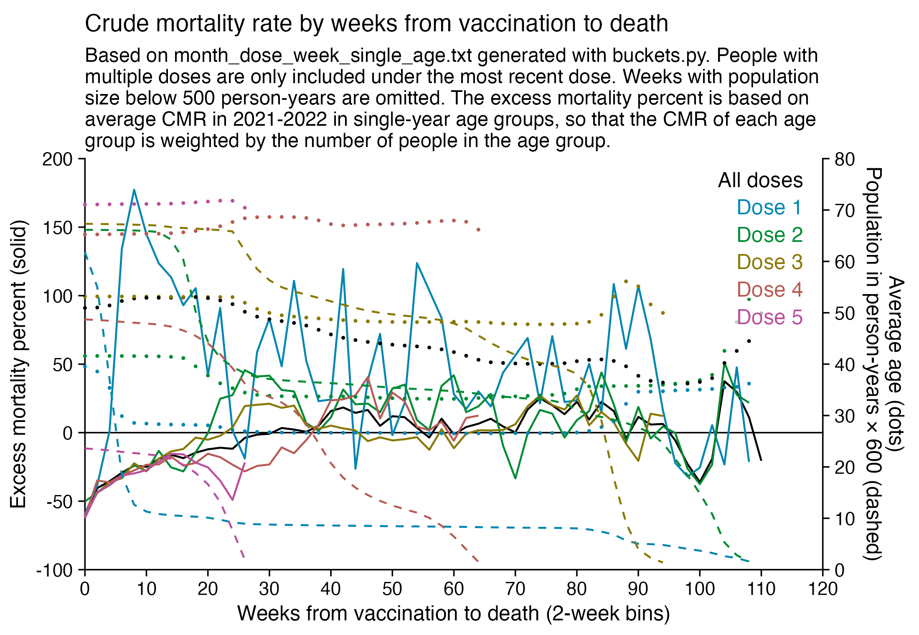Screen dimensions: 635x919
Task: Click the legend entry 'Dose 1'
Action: tap(769, 208)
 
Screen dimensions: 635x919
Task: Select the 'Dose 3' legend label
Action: tap(769, 262)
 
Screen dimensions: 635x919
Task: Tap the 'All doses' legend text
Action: tap(760, 180)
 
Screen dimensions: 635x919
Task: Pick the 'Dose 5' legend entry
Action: tap(769, 317)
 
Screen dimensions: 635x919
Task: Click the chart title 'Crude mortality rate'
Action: tap(376, 23)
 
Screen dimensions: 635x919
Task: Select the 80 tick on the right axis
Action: tap(845, 159)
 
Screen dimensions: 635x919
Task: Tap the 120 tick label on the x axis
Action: tap(823, 589)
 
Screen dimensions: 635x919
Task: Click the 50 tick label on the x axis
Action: tap(392, 589)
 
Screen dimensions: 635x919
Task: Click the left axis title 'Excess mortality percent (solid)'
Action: tap(18, 363)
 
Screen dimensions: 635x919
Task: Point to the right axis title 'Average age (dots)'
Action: tap(896, 363)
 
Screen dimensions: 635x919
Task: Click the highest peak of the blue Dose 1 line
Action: tap(134, 190)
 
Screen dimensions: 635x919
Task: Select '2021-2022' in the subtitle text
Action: tap(279, 119)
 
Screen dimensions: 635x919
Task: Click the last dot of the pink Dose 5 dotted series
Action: tap(245, 208)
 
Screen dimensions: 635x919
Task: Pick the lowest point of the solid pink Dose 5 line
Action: tap(232, 500)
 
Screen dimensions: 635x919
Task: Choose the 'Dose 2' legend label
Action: tap(769, 235)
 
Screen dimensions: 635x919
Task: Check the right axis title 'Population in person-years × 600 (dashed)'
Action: tap(873, 363)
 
